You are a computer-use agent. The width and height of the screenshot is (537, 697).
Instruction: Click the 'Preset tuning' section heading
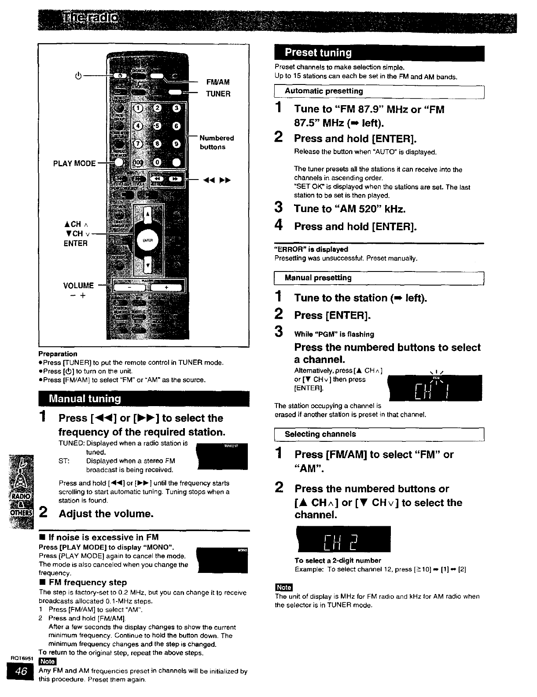tap(318, 53)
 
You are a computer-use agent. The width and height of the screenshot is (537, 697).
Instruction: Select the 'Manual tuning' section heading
tap(85, 399)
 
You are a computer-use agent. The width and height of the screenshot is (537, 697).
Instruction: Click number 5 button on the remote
tap(158, 126)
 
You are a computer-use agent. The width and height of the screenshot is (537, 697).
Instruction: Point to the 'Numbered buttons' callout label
tap(216, 142)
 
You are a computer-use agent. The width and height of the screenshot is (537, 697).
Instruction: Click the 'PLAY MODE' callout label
tap(74, 163)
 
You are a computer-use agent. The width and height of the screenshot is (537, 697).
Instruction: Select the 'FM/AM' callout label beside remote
tap(218, 82)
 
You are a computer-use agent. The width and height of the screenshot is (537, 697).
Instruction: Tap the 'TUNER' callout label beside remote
tap(218, 94)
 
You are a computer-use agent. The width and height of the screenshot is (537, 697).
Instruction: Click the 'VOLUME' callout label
tap(78, 286)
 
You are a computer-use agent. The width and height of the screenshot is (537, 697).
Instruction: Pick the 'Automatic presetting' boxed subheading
tap(324, 91)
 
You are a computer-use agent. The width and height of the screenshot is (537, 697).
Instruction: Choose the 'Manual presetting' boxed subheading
tap(318, 278)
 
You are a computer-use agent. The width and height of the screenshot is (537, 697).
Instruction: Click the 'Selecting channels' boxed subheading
tap(320, 434)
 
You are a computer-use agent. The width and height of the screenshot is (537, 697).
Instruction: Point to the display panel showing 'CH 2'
tap(344, 539)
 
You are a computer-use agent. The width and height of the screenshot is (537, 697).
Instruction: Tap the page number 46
tap(21, 671)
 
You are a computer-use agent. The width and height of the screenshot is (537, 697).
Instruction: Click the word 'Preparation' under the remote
tap(58, 354)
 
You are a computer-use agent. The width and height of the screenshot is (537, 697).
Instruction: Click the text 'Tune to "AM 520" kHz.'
tap(349, 209)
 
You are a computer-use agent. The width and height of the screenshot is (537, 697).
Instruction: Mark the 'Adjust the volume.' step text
tap(106, 514)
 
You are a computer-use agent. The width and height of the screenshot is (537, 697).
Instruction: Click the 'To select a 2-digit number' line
tap(338, 561)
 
